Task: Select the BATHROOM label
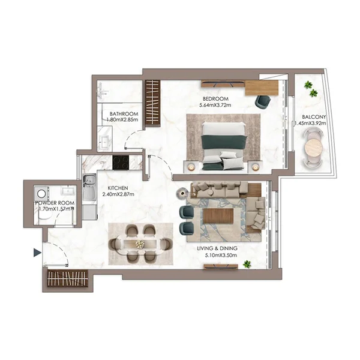(124, 113)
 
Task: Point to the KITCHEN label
(118, 188)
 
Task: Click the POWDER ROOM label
(55, 203)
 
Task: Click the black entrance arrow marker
(37, 253)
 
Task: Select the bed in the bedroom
(223, 145)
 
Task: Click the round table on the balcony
(313, 148)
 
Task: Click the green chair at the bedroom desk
(262, 101)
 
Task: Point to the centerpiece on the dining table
(140, 244)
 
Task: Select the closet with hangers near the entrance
(67, 280)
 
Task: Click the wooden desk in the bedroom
(261, 88)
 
